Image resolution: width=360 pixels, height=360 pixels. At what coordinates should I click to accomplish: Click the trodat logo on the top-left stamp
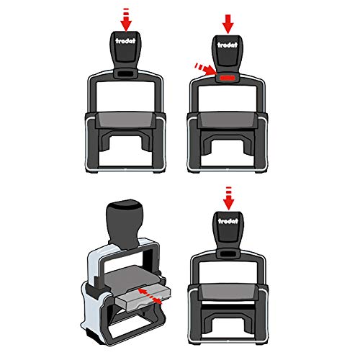point(125,41)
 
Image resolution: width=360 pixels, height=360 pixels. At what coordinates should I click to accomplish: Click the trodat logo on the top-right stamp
point(228,45)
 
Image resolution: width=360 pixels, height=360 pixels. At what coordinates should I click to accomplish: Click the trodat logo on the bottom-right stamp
point(228,221)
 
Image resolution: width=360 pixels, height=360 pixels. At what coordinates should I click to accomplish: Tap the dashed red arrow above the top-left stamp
point(126,20)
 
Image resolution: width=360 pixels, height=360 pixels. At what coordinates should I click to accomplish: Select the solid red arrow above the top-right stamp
point(228,24)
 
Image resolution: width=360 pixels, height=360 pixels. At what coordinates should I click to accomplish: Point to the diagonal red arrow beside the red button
point(205,69)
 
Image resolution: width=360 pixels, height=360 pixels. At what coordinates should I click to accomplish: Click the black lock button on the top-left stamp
point(126,73)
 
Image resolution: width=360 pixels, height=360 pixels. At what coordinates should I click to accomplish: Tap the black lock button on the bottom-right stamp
point(228,253)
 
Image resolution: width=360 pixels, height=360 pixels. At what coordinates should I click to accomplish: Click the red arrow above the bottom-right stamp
point(228,199)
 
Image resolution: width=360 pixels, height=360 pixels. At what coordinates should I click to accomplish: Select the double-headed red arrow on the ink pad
point(150,296)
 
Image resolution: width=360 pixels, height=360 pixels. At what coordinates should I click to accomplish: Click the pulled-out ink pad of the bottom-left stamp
point(143,299)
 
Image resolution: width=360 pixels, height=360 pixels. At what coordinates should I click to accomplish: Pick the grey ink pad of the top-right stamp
point(228,120)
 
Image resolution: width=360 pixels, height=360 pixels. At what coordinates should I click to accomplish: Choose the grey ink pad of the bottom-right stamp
point(228,292)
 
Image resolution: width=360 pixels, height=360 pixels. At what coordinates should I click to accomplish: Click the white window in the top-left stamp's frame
point(125,96)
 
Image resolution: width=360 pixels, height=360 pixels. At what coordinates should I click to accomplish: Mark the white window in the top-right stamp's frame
point(228,99)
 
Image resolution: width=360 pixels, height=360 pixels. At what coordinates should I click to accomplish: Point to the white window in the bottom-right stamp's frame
point(228,272)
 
